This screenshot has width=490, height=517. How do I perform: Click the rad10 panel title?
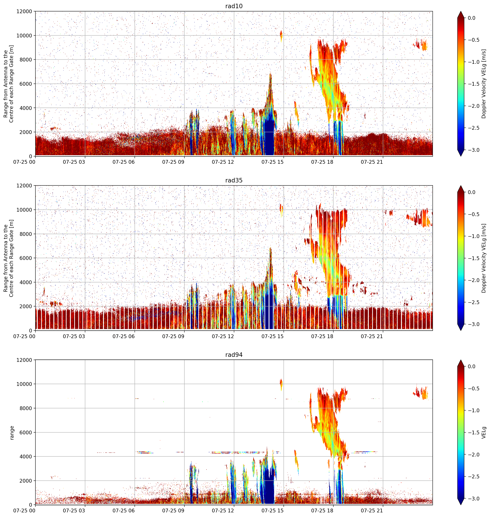(x=234, y=6)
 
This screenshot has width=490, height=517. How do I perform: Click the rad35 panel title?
(x=234, y=180)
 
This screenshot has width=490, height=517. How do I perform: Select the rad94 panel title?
(x=234, y=355)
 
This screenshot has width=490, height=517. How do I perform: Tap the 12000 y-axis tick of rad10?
(x=24, y=12)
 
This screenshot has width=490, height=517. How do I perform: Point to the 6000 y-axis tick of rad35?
(x=26, y=258)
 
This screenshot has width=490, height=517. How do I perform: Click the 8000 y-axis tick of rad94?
(x=26, y=408)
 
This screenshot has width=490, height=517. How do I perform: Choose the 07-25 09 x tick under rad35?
(x=173, y=336)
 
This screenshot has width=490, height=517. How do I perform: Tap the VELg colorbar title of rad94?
(x=484, y=433)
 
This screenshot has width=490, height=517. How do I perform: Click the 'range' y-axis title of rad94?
(x=12, y=433)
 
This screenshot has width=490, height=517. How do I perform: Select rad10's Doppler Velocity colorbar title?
(x=484, y=84)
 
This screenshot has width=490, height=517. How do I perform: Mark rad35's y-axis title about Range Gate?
(x=9, y=258)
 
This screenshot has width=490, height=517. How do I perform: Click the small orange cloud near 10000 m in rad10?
(x=281, y=36)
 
